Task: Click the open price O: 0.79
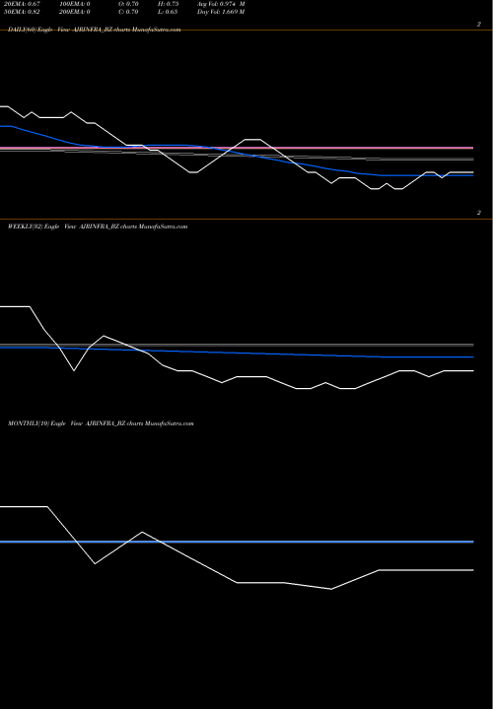pyautogui.click(x=128, y=5)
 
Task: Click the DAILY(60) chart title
pyautogui.click(x=21, y=31)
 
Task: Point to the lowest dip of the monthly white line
pyautogui.click(x=331, y=589)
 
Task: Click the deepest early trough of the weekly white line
pyautogui.click(x=75, y=370)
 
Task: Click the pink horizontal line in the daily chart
pyautogui.click(x=296, y=148)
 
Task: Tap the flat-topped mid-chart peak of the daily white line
pyautogui.click(x=250, y=140)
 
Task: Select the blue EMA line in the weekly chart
pyautogui.click(x=296, y=354)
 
